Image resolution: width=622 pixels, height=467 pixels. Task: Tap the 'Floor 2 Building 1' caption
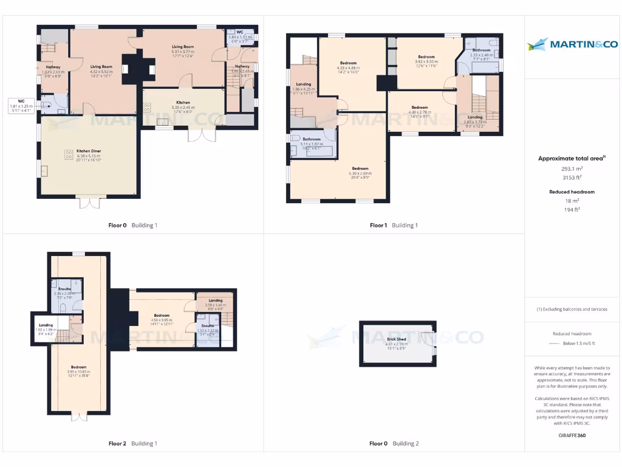pyautogui.click(x=132, y=443)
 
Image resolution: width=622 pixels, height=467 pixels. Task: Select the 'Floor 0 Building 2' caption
pyautogui.click(x=394, y=443)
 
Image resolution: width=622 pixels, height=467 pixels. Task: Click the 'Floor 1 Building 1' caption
pyautogui.click(x=394, y=225)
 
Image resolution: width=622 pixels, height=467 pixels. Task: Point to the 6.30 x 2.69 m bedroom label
pyautogui.click(x=360, y=171)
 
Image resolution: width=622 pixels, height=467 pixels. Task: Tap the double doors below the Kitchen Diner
pyautogui.click(x=89, y=202)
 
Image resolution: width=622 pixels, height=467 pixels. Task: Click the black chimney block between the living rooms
pyautogui.click(x=131, y=69)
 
